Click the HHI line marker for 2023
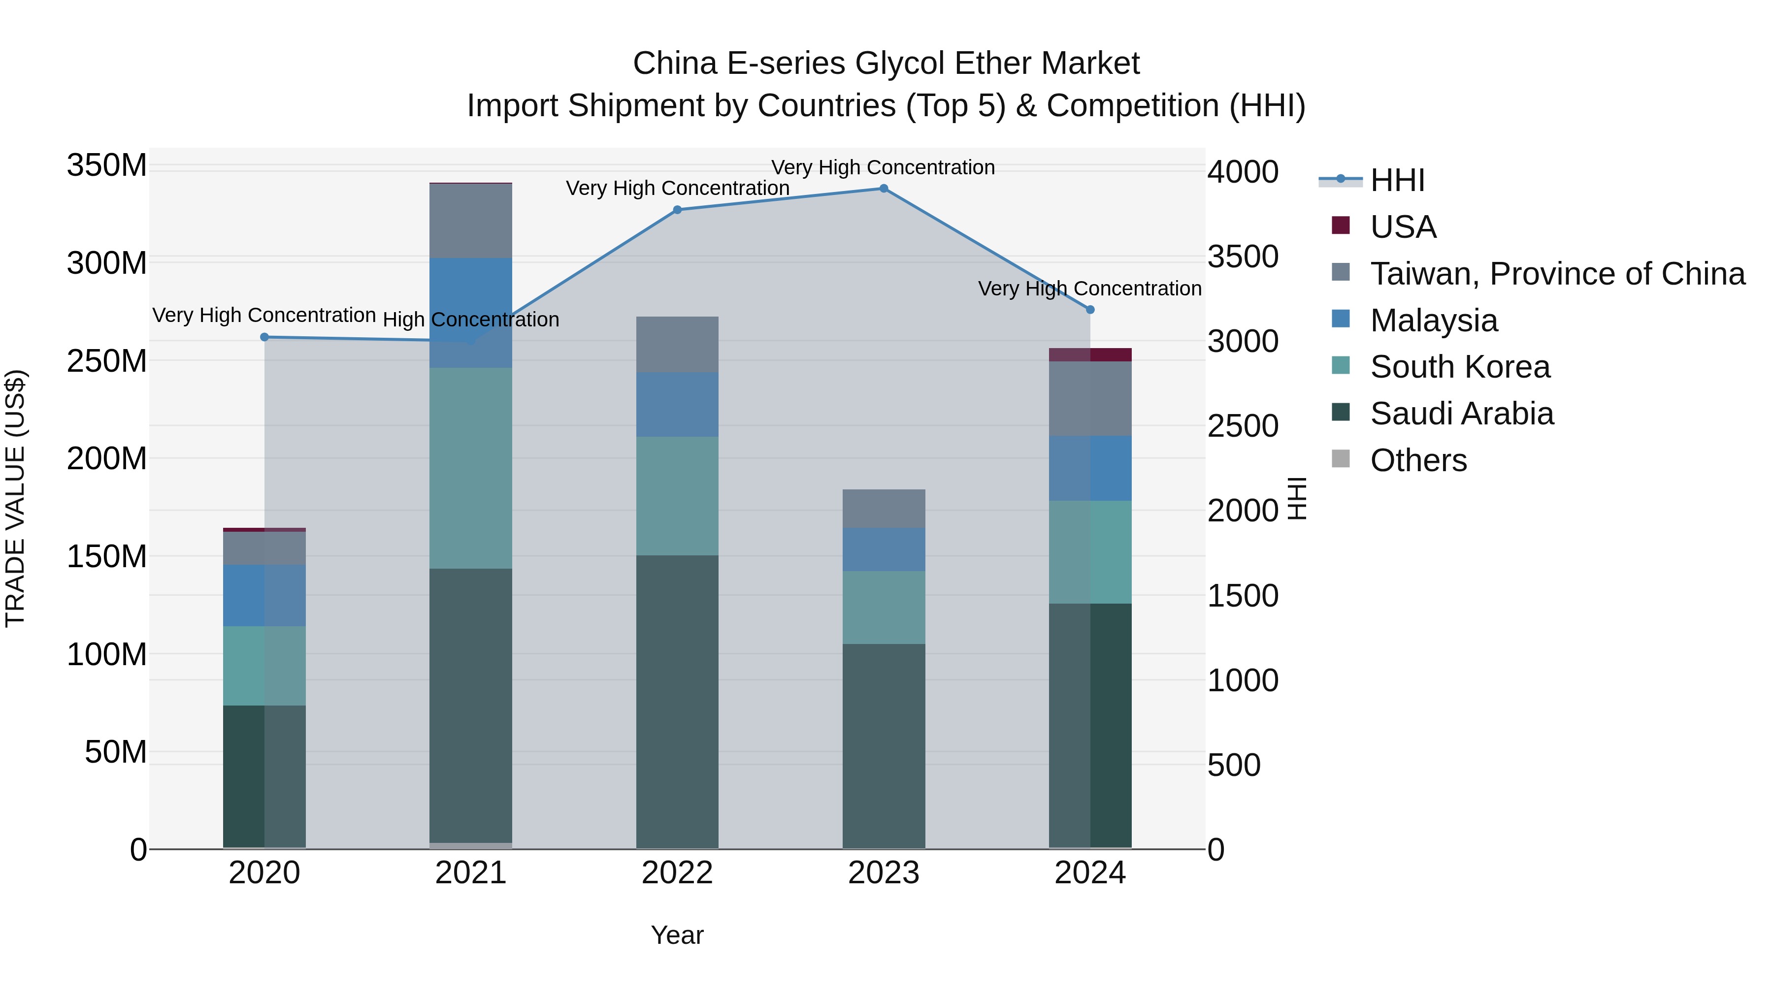coord(884,189)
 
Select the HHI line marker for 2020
coord(264,337)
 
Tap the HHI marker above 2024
coord(1090,310)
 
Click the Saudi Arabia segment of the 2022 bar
coord(677,702)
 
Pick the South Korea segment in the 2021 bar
coord(471,468)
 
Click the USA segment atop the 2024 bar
coord(1090,354)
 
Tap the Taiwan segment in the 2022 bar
coord(677,344)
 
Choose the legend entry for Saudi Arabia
coord(1461,414)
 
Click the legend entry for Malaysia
coord(1433,321)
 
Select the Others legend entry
coord(1418,460)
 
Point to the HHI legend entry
coord(1397,180)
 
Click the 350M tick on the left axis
coord(107,166)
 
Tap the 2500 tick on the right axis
coord(1243,426)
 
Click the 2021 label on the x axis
coord(471,873)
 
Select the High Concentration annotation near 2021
coord(471,320)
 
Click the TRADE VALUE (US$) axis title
coord(15,498)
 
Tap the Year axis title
coord(677,935)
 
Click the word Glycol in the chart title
coord(899,64)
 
